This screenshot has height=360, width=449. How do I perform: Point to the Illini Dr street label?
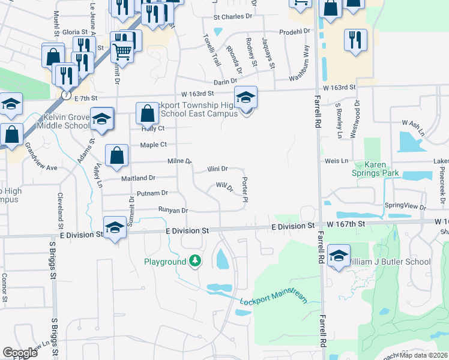coord(217,169)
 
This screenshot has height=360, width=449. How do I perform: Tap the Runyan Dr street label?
coord(173,211)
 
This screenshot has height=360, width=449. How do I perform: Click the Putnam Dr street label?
coord(152,193)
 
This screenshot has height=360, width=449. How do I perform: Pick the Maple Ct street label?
coord(153,145)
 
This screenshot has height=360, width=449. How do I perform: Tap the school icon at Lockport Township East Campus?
coord(246,97)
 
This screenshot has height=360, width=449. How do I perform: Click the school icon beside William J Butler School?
coord(339,256)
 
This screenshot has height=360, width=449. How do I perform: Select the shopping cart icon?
coord(122,52)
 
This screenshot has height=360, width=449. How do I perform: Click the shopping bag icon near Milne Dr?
coord(117,155)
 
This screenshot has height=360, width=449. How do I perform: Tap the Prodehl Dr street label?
coord(294,31)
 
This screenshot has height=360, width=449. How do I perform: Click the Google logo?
coord(20,353)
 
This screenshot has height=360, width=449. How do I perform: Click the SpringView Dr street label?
coord(405,206)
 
